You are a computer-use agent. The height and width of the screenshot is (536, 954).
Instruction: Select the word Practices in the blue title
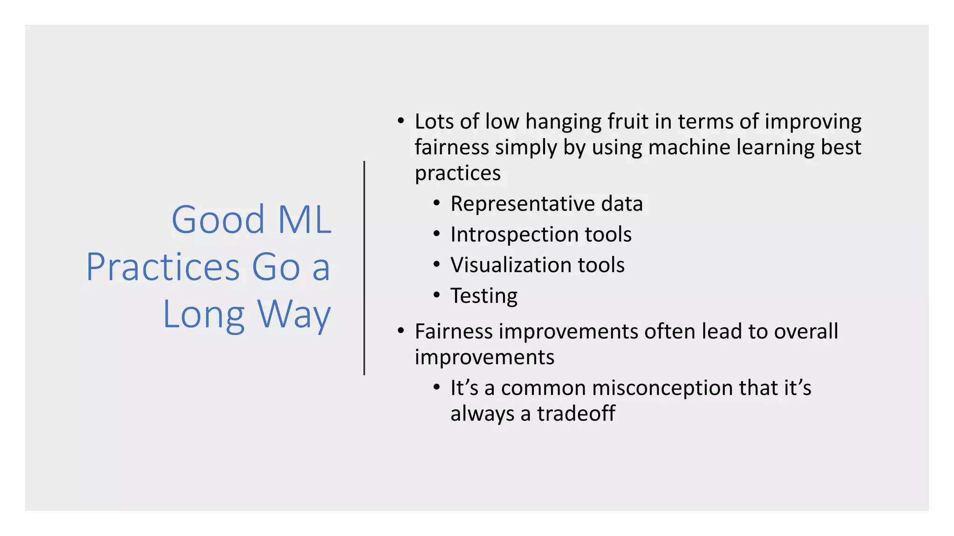tap(163, 267)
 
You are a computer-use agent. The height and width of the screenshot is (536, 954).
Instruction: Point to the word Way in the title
tap(294, 315)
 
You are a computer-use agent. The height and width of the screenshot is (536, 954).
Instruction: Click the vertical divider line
tap(364, 268)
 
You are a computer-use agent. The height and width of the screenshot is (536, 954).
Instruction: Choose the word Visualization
tap(511, 265)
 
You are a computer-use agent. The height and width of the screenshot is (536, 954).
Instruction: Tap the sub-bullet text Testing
tap(484, 296)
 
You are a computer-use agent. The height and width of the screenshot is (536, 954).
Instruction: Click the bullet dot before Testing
tap(436, 295)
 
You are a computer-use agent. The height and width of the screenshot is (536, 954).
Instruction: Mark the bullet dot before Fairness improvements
tap(401, 331)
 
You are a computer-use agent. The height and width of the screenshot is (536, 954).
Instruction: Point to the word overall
tap(806, 331)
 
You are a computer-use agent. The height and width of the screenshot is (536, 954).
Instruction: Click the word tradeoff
tap(576, 414)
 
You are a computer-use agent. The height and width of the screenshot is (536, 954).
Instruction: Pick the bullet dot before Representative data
tap(436, 203)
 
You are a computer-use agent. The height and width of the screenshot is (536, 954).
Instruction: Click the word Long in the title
tap(204, 315)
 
